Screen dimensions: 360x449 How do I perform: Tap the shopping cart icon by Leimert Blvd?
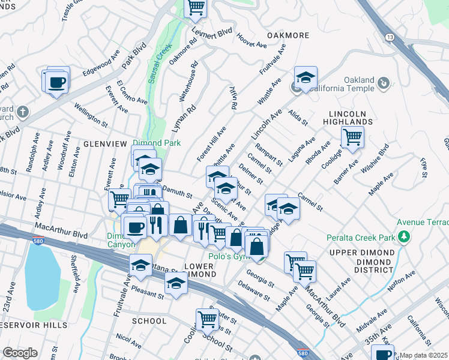point(196,7)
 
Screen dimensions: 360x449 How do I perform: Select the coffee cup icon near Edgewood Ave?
point(57,82)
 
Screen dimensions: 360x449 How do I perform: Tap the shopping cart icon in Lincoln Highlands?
point(352,136)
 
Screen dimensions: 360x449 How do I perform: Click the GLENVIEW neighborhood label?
point(105,145)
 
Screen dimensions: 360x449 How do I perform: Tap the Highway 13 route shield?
point(391,37)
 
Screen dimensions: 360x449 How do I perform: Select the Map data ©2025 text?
point(423,355)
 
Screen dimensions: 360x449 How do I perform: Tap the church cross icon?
point(22,112)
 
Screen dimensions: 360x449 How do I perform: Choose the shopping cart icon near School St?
point(207,319)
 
